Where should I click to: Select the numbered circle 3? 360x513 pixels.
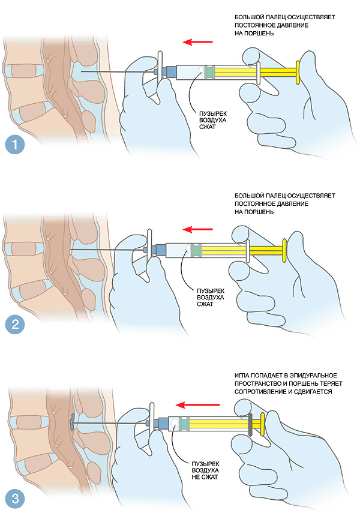click(x=15, y=499)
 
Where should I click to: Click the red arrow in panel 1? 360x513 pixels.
click(x=197, y=42)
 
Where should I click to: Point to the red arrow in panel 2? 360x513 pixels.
click(x=197, y=229)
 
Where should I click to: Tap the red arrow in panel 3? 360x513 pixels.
click(x=197, y=406)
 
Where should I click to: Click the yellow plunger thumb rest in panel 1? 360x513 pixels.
click(x=298, y=73)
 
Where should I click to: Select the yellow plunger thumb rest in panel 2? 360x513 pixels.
click(x=284, y=250)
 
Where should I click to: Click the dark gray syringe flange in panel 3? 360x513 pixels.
click(x=250, y=424)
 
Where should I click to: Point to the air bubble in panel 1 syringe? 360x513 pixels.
click(x=200, y=70)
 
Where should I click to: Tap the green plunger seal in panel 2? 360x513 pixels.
click(x=196, y=250)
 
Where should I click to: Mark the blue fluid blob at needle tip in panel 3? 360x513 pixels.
click(x=72, y=421)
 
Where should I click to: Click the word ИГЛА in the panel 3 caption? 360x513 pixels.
click(x=242, y=375)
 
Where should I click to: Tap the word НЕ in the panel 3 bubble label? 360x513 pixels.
click(x=196, y=477)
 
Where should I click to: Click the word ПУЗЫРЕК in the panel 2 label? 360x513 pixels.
click(x=211, y=291)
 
